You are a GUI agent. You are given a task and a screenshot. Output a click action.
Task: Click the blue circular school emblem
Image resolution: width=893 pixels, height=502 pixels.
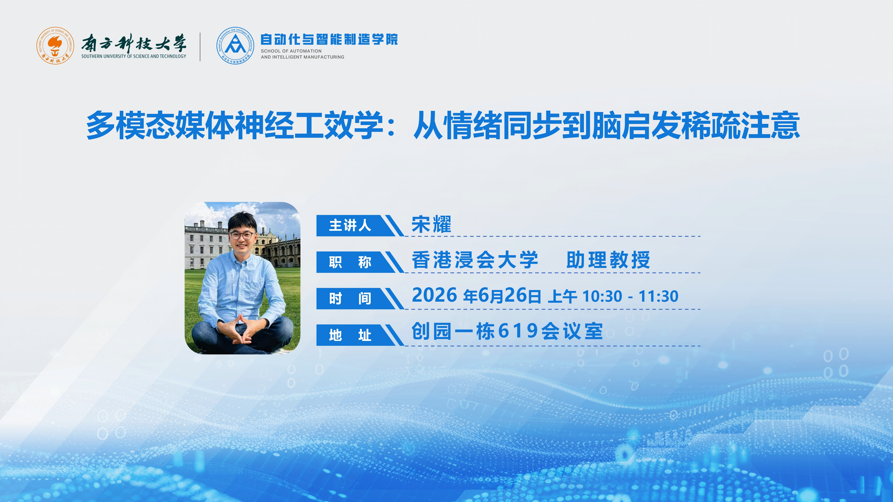click(235, 45)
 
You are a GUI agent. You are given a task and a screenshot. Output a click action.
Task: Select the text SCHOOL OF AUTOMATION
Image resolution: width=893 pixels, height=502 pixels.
click(291, 51)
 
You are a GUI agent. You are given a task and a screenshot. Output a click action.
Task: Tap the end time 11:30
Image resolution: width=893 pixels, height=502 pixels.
click(658, 297)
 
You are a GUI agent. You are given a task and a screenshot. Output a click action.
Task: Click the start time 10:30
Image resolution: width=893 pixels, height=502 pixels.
click(603, 297)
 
